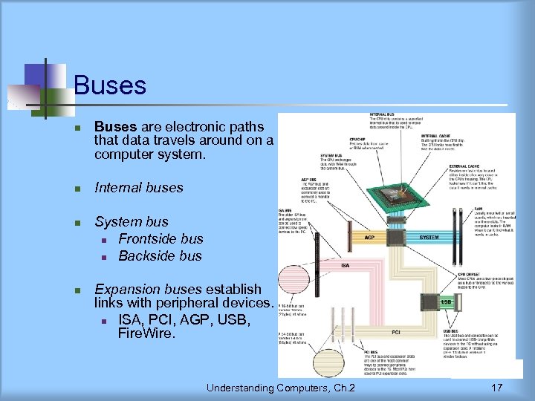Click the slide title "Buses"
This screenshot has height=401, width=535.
(110, 85)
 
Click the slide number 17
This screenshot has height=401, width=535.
(497, 388)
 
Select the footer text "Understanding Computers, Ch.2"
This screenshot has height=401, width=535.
(281, 388)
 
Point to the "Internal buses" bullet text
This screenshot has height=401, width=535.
(139, 187)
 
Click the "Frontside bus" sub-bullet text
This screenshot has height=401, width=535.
(160, 238)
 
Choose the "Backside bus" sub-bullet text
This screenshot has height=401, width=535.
(160, 255)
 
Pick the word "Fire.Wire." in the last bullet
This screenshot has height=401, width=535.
(146, 334)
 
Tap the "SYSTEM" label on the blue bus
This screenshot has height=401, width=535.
(429, 238)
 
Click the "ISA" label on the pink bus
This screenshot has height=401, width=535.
(346, 266)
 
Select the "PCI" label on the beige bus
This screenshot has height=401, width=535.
(396, 331)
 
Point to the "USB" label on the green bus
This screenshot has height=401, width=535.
(446, 301)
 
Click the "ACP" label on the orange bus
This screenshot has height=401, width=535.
(369, 238)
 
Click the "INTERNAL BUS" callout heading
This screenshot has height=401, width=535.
(385, 115)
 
